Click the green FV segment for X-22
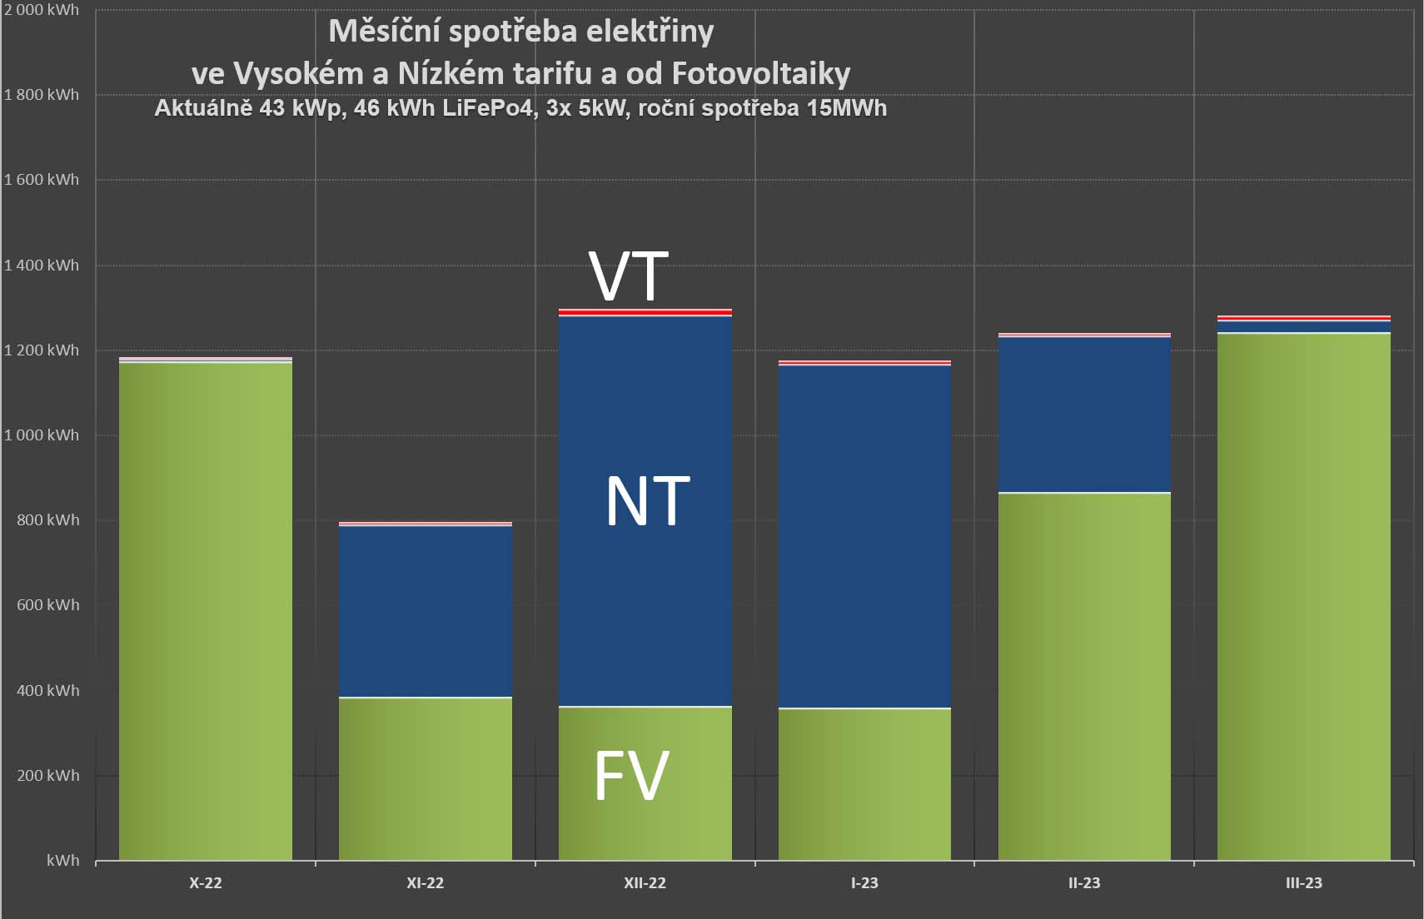tap(206, 612)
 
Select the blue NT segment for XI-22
tap(425, 612)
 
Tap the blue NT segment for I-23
tap(864, 537)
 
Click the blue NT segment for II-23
tap(1084, 415)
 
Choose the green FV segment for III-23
tap(1304, 596)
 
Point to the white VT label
tap(629, 276)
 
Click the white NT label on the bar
tap(648, 502)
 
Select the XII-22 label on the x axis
tap(645, 883)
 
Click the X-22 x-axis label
tap(206, 883)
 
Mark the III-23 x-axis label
tap(1304, 883)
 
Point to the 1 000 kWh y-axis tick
tap(42, 435)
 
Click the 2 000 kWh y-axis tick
tap(42, 10)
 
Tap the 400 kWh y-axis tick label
tap(47, 691)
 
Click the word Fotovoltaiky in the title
tap(760, 74)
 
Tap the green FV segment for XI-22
tap(425, 778)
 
